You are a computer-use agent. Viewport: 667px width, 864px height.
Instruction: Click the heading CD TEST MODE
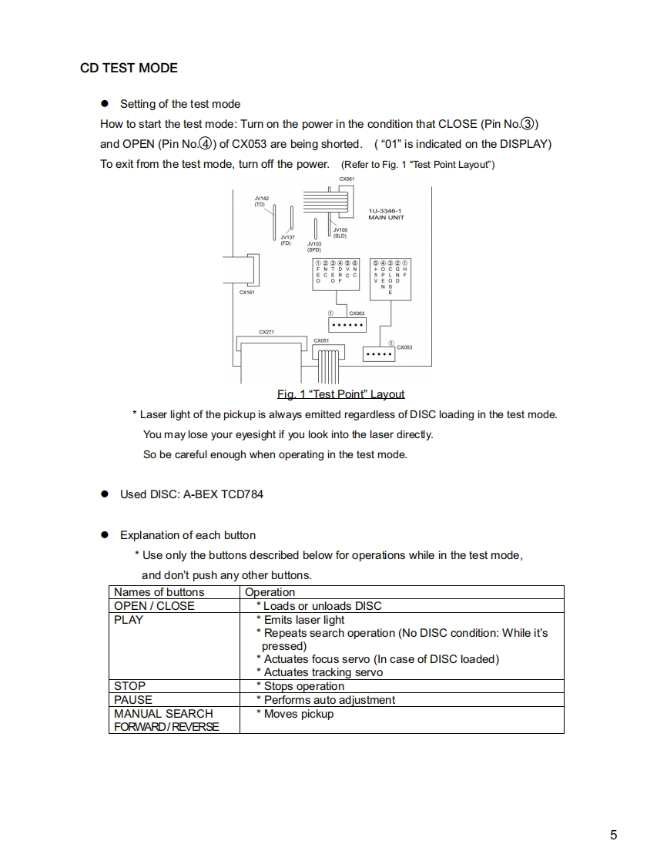coord(129,68)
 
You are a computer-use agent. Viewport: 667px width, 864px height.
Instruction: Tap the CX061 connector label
coord(346,179)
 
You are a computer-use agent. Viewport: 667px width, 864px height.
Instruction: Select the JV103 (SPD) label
coord(314,246)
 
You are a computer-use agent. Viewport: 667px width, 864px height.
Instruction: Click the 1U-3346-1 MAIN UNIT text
coord(386,214)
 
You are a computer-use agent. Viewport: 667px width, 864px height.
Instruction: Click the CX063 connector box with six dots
coord(347,327)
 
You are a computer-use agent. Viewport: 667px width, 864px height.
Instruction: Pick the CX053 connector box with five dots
coord(377,355)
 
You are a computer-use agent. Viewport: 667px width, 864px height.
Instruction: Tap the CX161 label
coord(246,293)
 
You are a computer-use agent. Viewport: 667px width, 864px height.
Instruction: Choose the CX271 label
coord(266,332)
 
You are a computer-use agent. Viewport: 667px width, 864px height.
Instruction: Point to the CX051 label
coord(321,340)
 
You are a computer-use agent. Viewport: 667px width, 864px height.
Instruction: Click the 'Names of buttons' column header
coord(159,592)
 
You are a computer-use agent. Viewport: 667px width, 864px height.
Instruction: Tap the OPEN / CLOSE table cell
coord(154,606)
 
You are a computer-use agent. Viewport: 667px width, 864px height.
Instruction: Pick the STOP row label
coord(129,686)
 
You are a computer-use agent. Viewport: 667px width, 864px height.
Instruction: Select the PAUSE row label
coord(133,700)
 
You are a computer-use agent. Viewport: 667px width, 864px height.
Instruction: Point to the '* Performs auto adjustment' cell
coord(325,700)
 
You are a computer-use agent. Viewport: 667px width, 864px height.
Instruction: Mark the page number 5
coord(613,836)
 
